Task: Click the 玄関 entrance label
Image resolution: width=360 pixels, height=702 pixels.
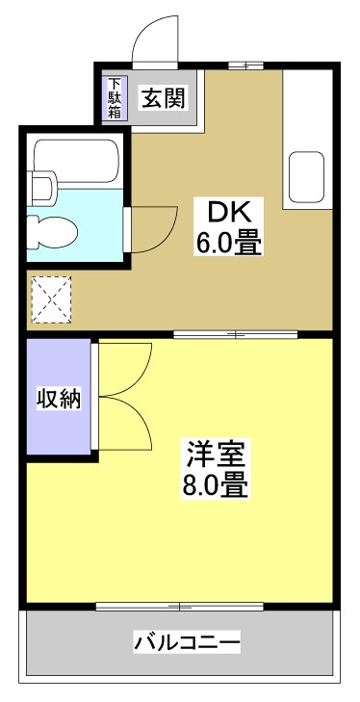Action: click(x=164, y=96)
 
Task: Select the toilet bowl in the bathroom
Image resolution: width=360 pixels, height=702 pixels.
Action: click(x=50, y=229)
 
